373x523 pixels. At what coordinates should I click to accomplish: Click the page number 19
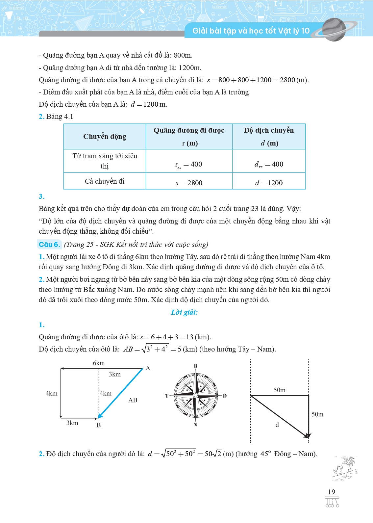coord(331,492)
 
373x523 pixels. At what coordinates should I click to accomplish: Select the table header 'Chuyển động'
coord(105,137)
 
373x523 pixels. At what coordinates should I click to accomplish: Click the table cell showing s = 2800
coord(189,183)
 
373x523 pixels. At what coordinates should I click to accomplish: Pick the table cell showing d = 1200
coord(269,183)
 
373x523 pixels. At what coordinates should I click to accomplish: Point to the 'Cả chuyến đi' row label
coord(105,181)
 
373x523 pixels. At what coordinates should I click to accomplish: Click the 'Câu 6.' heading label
coord(49,244)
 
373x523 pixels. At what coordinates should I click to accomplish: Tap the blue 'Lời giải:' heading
coord(184,312)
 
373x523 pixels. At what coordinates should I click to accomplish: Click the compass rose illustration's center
coord(196,395)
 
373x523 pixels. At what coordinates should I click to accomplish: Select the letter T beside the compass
coord(167,396)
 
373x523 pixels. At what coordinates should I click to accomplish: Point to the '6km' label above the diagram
coord(99,363)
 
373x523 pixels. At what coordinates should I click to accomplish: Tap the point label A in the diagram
coord(148,368)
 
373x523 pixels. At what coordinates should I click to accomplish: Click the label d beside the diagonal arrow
coord(277,425)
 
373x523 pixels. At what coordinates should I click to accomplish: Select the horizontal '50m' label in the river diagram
coord(280,390)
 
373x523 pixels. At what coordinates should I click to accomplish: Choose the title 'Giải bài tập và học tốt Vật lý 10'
coord(251,31)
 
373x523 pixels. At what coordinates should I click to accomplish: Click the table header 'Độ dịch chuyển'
coord(269,130)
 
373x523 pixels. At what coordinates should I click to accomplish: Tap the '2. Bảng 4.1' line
coord(56,117)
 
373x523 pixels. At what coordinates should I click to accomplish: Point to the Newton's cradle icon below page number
coord(332,502)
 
